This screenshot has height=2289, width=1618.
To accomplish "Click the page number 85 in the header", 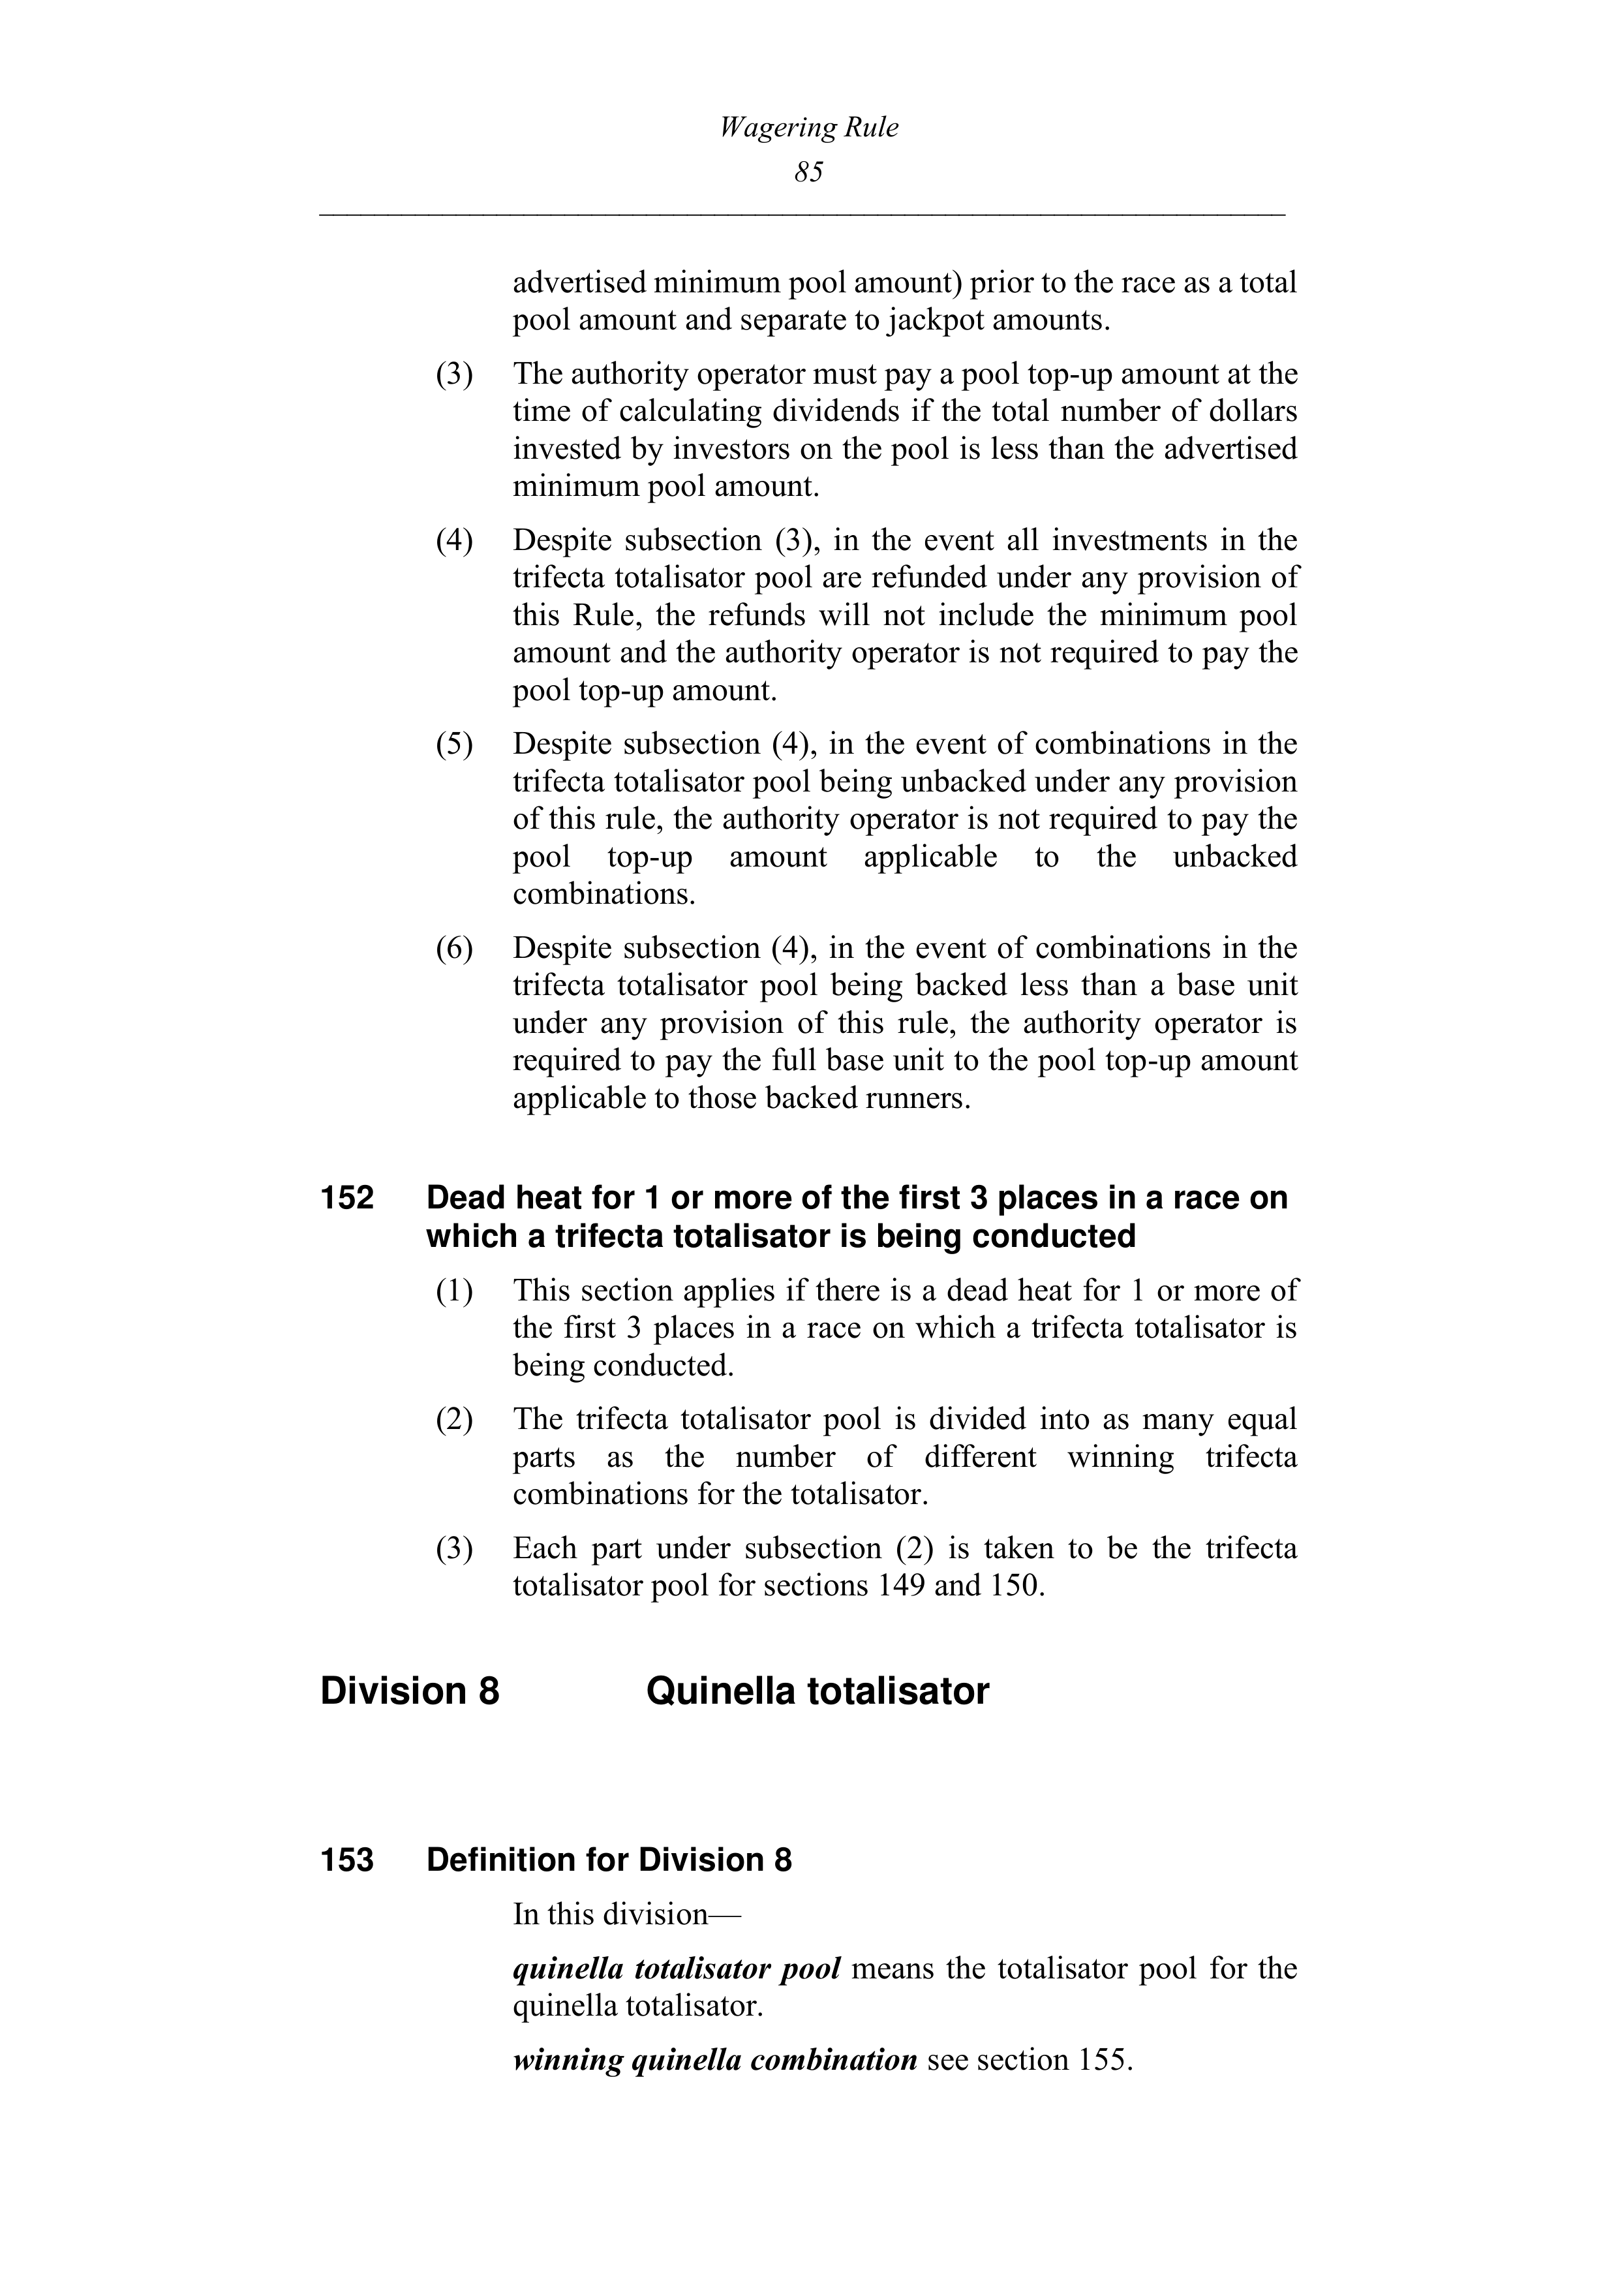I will [808, 172].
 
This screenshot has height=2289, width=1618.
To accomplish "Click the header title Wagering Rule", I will [808, 128].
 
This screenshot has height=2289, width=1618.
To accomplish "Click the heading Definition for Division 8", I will [609, 1860].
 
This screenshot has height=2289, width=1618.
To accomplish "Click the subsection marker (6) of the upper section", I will [453, 948].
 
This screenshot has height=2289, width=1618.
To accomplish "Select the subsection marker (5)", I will [453, 745].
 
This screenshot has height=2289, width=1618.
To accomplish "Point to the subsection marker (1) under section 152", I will [453, 1291].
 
